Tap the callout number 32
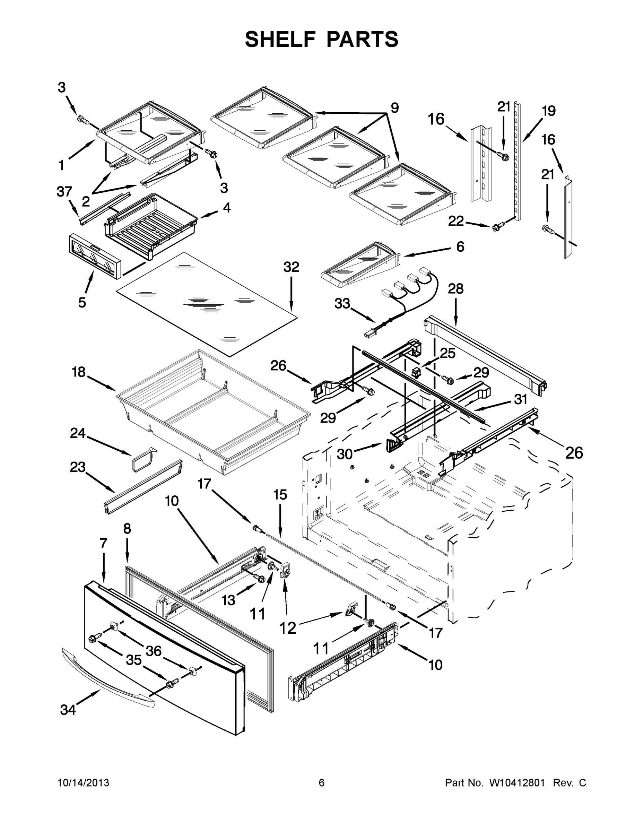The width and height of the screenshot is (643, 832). [x=291, y=267]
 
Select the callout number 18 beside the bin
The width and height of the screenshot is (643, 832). [x=79, y=372]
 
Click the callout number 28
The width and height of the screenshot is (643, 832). [x=455, y=289]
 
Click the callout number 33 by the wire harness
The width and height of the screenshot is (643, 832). [x=342, y=304]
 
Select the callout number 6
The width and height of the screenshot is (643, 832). [x=460, y=247]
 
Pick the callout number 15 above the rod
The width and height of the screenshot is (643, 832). [x=280, y=495]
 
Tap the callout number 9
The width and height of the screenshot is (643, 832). [x=394, y=108]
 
